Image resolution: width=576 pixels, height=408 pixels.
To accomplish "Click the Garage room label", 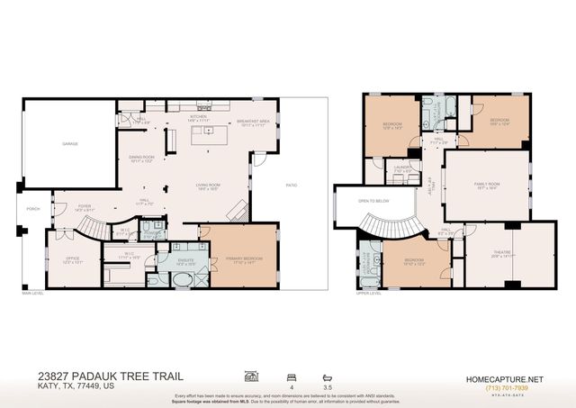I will (69, 144).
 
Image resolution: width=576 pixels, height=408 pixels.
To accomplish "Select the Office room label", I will (73, 260).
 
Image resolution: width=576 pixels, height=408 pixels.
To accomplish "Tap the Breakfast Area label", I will (254, 122).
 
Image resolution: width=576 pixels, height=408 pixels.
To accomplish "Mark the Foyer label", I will (84, 207).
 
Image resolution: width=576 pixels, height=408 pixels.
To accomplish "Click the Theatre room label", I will (503, 253).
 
